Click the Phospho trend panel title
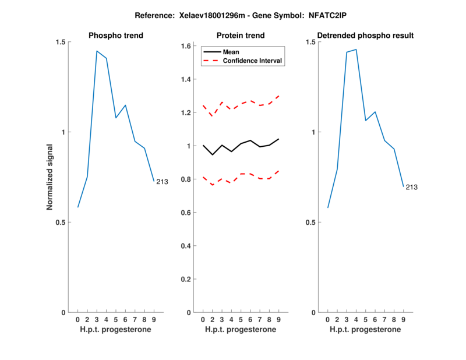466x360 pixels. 115,36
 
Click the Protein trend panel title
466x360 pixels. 240,36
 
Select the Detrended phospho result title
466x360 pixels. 365,36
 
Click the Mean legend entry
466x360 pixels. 231,52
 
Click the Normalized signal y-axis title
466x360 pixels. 50,177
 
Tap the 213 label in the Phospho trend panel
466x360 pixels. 162,182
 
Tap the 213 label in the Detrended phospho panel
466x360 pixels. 412,187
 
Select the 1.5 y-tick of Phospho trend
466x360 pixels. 61,42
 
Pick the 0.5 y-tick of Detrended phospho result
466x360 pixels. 310,222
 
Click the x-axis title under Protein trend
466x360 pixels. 240,330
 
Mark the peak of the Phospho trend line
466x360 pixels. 97,51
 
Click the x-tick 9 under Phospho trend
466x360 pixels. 154,320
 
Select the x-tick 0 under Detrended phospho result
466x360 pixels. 327,320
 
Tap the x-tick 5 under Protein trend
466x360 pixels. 241,320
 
